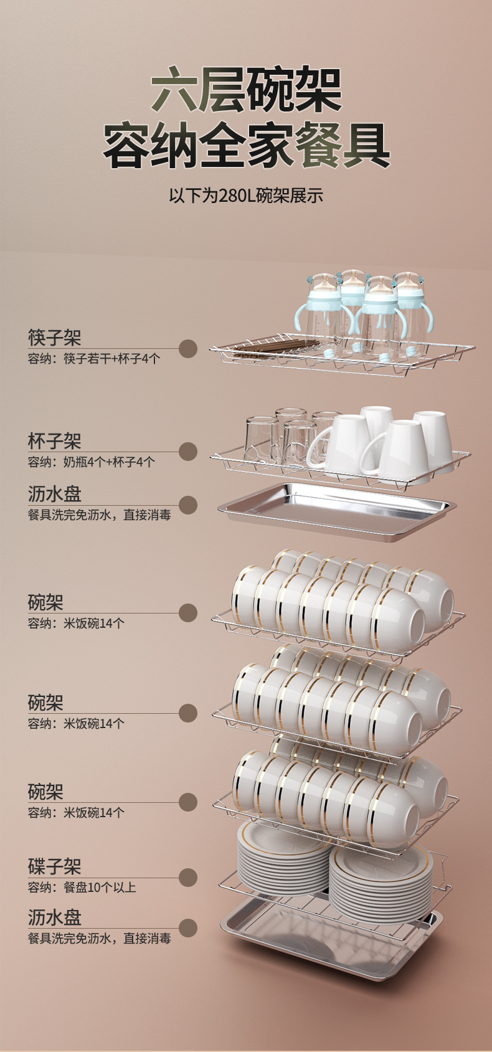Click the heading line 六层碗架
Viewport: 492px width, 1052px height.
click(x=247, y=92)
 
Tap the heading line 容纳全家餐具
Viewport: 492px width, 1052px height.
click(x=247, y=147)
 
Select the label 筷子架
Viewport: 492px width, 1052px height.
click(x=55, y=338)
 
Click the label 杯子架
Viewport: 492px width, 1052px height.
click(x=55, y=442)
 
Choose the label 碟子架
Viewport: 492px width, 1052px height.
click(x=55, y=866)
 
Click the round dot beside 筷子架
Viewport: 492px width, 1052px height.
click(x=187, y=349)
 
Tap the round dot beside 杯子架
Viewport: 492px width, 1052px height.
click(x=187, y=452)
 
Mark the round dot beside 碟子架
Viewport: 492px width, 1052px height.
click(x=187, y=878)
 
